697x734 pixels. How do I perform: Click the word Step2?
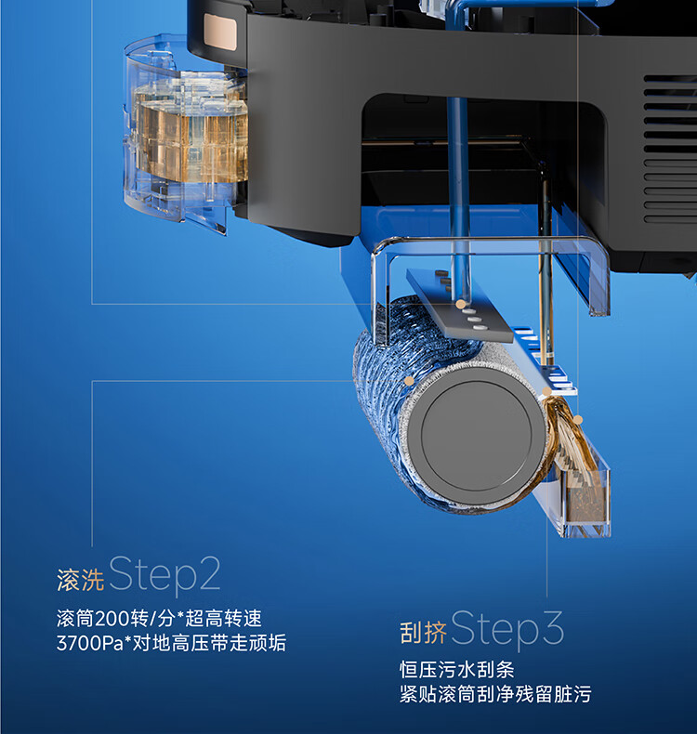point(164,575)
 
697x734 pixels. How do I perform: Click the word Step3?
point(507,629)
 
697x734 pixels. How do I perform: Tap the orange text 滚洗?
point(81,580)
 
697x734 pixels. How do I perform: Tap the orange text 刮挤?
point(423,633)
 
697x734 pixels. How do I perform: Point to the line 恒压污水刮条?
point(457,669)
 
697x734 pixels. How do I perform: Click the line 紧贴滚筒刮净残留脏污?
point(495,694)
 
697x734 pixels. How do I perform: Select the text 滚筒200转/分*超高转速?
point(159,619)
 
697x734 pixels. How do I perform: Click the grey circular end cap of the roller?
point(477,435)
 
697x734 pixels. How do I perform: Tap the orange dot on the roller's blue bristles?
point(409,381)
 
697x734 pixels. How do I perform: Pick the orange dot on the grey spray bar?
point(461,304)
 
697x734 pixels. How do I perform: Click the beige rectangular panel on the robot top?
point(220,32)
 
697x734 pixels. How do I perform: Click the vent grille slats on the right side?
point(670,149)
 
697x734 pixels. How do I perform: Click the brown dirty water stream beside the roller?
point(569,436)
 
